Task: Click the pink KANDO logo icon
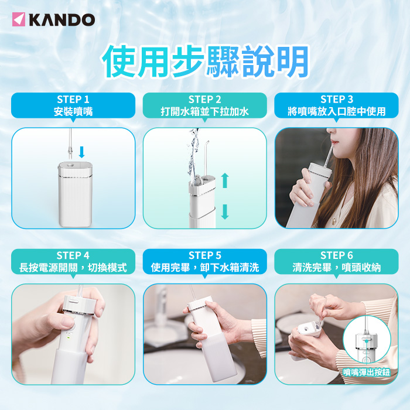[x=19, y=19]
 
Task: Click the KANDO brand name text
[x=62, y=20]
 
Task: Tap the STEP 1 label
[x=73, y=100]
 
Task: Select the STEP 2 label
[x=205, y=100]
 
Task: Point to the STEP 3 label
[x=337, y=100]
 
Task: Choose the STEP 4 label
[x=73, y=255]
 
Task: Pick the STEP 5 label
[x=205, y=255]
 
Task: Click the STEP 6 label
[x=337, y=255]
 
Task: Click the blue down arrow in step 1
[x=82, y=152]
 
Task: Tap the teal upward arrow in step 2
[x=225, y=180]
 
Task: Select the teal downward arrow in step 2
[x=225, y=212]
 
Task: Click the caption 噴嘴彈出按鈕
[x=367, y=373]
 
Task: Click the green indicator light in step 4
[x=69, y=337]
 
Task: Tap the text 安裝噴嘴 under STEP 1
[x=73, y=112]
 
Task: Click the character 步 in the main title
[x=188, y=61]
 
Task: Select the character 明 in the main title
[x=293, y=61]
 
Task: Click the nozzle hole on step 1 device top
[x=70, y=165]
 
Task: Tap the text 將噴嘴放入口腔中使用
[x=337, y=112]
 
